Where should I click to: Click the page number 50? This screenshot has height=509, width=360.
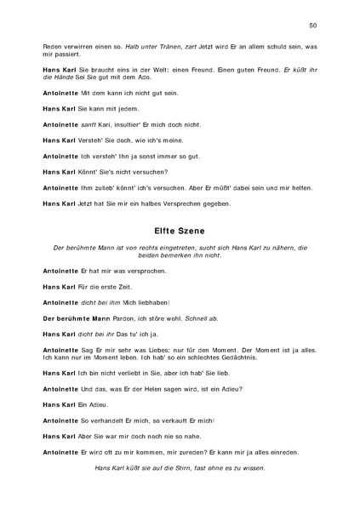tap(312, 26)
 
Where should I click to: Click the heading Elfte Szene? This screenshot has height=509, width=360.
tap(179, 229)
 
